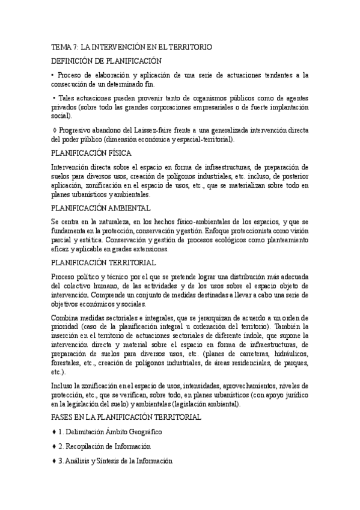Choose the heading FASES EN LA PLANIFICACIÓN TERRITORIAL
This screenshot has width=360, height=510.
click(x=126, y=417)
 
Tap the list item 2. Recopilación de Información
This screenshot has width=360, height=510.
click(x=104, y=446)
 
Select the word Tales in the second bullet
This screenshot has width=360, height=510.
click(x=68, y=98)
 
